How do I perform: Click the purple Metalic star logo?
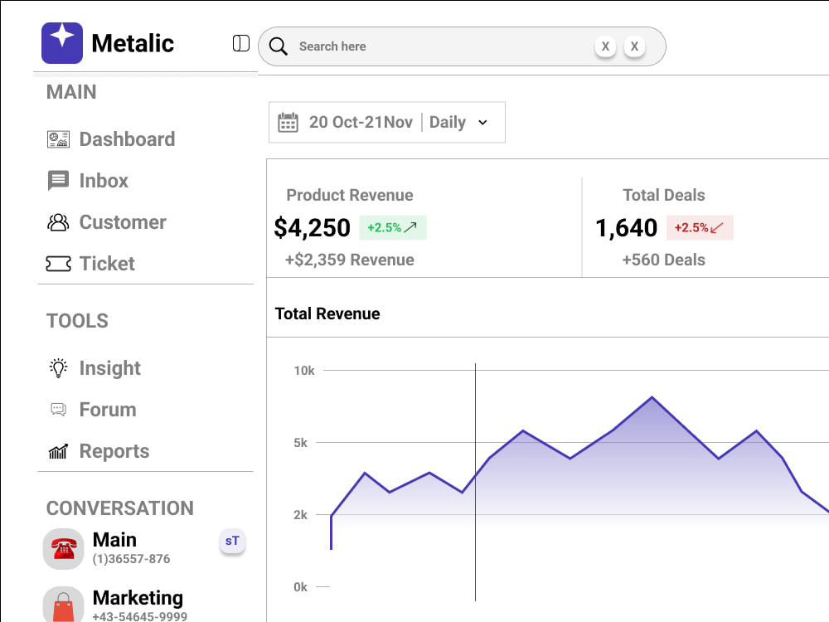[x=62, y=43]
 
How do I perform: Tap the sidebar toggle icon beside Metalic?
[x=241, y=43]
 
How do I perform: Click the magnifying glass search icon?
[x=278, y=46]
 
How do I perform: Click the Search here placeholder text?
[x=332, y=46]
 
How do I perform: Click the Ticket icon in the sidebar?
[x=58, y=264]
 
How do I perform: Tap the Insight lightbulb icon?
[x=58, y=368]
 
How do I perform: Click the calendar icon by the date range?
[x=288, y=122]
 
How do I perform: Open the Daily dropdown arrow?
[x=482, y=122]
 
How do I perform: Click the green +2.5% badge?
[x=393, y=227]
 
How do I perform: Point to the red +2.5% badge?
[x=700, y=227]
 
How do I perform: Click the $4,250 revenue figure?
[x=312, y=228]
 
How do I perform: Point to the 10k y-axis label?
[x=304, y=371]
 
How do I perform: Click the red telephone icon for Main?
[x=64, y=549]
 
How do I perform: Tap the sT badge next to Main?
[x=232, y=541]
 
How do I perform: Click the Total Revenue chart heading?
[x=327, y=313]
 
